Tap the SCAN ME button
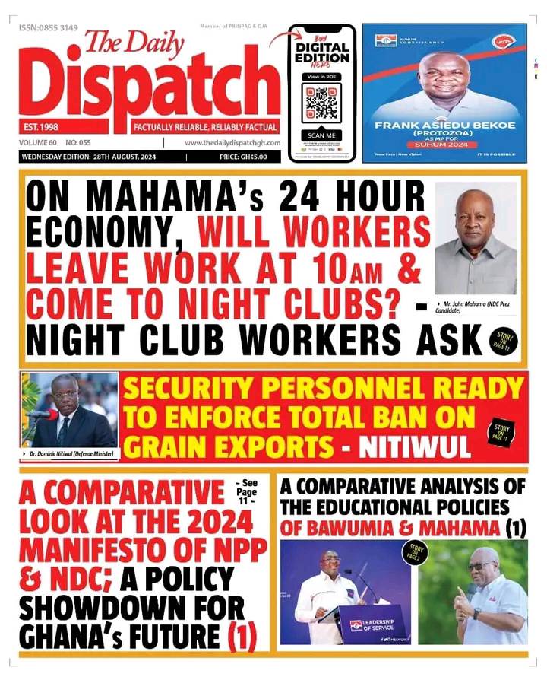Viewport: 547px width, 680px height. click(x=321, y=135)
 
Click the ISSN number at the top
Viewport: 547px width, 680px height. click(x=49, y=27)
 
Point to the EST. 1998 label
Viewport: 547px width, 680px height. click(x=43, y=127)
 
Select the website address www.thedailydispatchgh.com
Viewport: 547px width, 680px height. click(x=232, y=143)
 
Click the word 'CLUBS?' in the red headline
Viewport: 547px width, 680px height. click(x=337, y=303)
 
